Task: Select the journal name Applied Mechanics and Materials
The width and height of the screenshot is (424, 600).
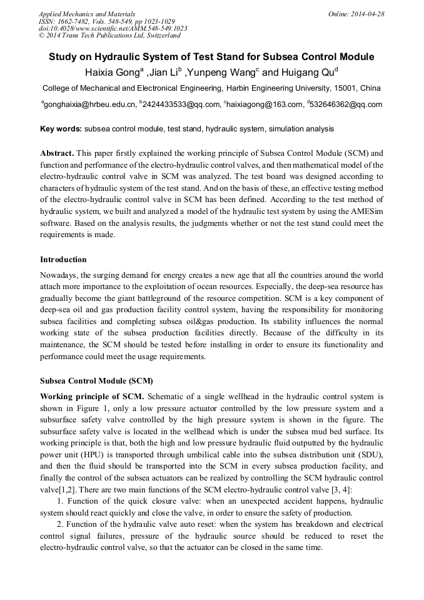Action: point(87,14)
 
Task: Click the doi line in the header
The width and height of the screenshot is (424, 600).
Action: point(113,28)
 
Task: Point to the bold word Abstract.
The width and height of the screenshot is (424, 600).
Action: point(57,153)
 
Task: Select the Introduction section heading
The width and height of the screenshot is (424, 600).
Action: point(63,259)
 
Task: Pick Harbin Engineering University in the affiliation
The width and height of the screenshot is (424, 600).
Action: point(283,88)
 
